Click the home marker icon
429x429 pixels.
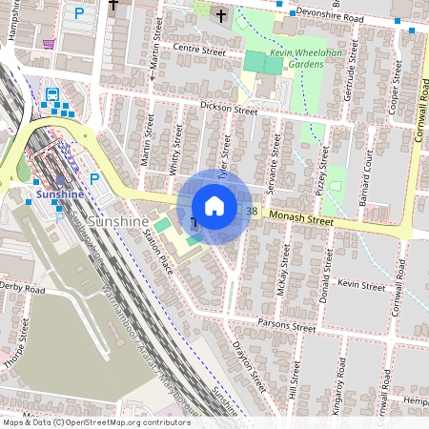pyautogui.click(x=214, y=205)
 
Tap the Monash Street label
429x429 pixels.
pyautogui.click(x=301, y=220)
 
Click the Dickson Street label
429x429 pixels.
pyautogui.click(x=229, y=110)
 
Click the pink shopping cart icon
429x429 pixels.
pyautogui.click(x=49, y=44)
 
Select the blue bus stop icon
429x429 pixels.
pyautogui.click(x=51, y=94)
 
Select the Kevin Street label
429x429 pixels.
pyautogui.click(x=361, y=284)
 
